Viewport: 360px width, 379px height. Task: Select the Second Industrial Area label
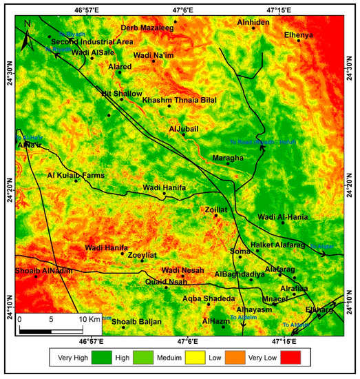tap(92, 42)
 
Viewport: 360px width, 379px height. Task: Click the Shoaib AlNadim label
tap(43, 271)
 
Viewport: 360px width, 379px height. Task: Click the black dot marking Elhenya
tap(299, 40)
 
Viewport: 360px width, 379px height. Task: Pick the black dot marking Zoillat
tap(215, 215)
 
